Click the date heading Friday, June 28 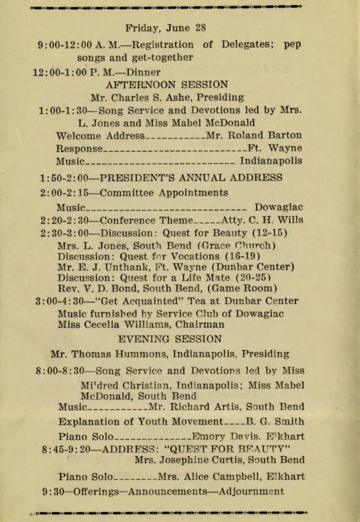pyautogui.click(x=166, y=28)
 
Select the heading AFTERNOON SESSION pyautogui.click(x=167, y=85)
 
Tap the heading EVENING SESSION pyautogui.click(x=170, y=339)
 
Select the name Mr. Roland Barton pyautogui.click(x=254, y=136)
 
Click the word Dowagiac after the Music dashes pyautogui.click(x=278, y=207)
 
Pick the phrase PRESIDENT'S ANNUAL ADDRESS pyautogui.click(x=191, y=178)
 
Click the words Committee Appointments pyautogui.click(x=164, y=193)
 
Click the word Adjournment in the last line pyautogui.click(x=251, y=492)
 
